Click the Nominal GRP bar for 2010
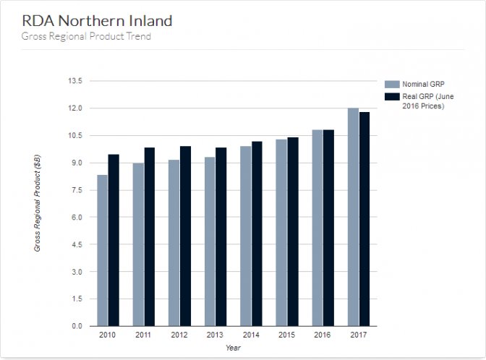[103, 250]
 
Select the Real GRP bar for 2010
[114, 240]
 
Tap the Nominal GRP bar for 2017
[353, 217]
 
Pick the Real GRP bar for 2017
[364, 219]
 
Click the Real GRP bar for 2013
[221, 236]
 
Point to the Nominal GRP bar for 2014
[246, 236]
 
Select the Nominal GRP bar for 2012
[174, 243]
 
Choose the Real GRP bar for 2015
[293, 231]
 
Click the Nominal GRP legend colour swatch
[392, 84]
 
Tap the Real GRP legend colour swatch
[392, 96]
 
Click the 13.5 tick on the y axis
[75, 81]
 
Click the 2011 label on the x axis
[143, 335]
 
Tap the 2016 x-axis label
[323, 335]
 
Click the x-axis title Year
[233, 348]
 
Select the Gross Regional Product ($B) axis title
[37, 202]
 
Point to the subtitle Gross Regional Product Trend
[86, 36]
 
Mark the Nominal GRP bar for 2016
[317, 228]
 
